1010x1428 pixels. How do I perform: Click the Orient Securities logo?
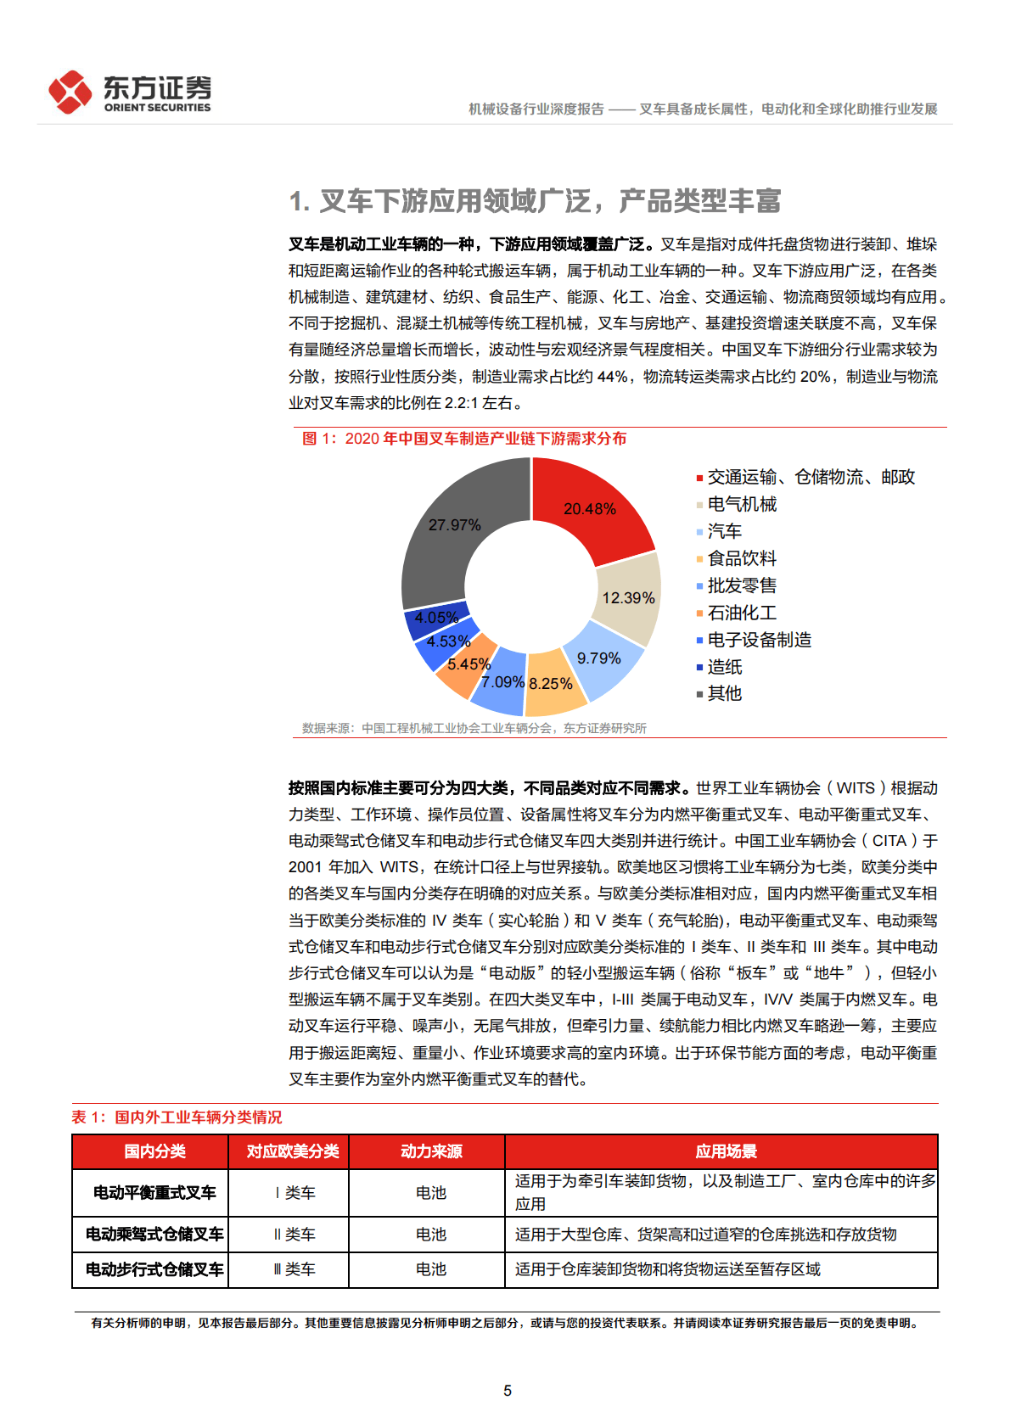[x=129, y=92]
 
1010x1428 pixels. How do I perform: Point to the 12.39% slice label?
[x=628, y=598]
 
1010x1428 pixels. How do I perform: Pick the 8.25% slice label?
[x=551, y=684]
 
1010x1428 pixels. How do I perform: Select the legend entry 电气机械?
[x=741, y=504]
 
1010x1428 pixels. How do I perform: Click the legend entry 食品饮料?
[x=741, y=558]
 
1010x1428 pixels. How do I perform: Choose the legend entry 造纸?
[x=724, y=667]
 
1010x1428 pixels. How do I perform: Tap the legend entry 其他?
[x=724, y=694]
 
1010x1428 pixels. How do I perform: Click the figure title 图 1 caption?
[x=464, y=439]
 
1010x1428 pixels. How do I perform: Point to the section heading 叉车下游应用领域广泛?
[x=535, y=201]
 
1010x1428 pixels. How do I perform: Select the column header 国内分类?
[x=154, y=1151]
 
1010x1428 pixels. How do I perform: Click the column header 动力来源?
[x=431, y=1151]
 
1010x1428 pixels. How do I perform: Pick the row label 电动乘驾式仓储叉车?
[x=154, y=1235]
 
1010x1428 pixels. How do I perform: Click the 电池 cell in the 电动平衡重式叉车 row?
[x=431, y=1193]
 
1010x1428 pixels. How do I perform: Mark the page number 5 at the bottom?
[x=508, y=1391]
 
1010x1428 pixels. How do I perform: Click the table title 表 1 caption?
[x=177, y=1117]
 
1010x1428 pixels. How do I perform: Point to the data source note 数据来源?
[x=474, y=728]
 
